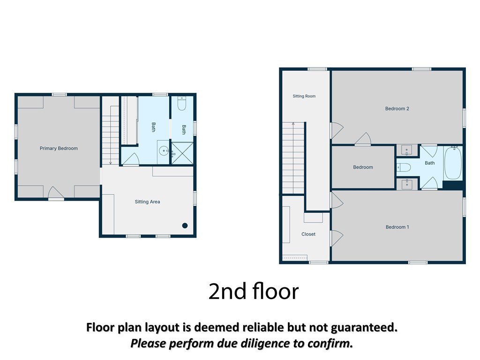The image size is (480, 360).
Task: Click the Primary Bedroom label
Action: pos(59,149)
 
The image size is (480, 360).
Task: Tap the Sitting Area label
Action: pos(147,202)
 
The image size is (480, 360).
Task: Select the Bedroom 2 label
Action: pos(397,109)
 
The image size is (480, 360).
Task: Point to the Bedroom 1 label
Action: pos(397,227)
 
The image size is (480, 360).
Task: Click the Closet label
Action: pos(308,234)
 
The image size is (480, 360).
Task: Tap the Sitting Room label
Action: pos(304,96)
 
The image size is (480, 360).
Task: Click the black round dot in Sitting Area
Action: pos(185,225)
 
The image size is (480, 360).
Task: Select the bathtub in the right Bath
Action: pos(453,163)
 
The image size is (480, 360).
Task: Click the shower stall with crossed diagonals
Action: pos(182,153)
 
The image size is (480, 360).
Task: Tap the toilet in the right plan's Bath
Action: pos(404,167)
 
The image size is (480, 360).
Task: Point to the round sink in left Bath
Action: pos(164,150)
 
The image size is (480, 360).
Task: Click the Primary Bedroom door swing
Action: pos(56,193)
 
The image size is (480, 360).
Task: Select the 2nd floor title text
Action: pos(254,291)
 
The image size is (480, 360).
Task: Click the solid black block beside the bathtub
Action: pos(452,185)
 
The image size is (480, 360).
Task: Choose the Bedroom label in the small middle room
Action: pos(363,167)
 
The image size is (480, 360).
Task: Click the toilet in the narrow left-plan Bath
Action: pos(182,104)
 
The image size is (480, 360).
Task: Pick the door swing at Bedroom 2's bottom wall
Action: pos(363,139)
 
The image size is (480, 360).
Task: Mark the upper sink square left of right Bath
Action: pos(407,150)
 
